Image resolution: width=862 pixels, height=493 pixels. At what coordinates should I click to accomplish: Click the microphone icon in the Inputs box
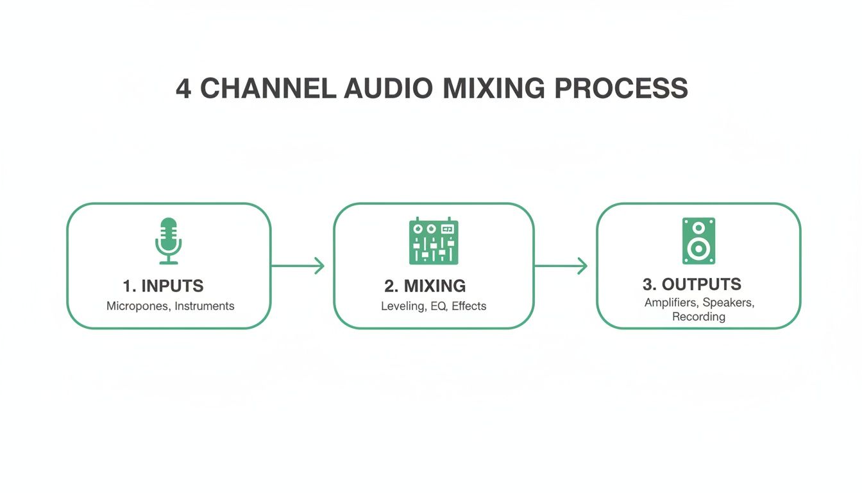(169, 241)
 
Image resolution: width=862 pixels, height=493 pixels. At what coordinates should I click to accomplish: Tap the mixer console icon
(434, 241)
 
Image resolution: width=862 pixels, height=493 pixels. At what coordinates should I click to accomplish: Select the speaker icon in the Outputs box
(698, 241)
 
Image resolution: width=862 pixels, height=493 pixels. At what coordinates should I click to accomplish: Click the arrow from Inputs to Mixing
(298, 265)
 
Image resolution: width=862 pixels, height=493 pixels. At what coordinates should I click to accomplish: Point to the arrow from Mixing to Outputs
(561, 265)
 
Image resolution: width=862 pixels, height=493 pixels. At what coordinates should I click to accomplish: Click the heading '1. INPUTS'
(163, 286)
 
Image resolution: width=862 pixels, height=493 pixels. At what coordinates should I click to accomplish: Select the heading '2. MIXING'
(426, 286)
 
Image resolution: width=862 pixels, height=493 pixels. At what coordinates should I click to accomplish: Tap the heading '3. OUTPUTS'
(691, 284)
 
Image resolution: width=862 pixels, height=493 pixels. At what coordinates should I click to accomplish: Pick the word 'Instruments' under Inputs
(205, 306)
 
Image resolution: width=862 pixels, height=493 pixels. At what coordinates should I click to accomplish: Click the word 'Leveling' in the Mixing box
(403, 306)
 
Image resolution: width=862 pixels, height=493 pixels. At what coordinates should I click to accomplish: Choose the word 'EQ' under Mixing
(438, 306)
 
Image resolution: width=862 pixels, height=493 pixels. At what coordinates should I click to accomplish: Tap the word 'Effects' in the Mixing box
(469, 306)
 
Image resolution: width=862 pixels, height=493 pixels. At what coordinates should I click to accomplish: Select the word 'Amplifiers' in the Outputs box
(672, 303)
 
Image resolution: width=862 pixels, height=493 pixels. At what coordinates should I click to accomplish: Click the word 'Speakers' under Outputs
(729, 303)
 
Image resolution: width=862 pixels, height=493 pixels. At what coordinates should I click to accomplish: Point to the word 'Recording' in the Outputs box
(698, 316)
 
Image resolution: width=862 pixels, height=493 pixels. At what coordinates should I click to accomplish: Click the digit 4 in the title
(183, 89)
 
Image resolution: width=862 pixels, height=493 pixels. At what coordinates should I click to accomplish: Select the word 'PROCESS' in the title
(621, 89)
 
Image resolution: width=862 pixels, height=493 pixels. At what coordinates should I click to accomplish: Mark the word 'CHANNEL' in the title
(268, 89)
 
